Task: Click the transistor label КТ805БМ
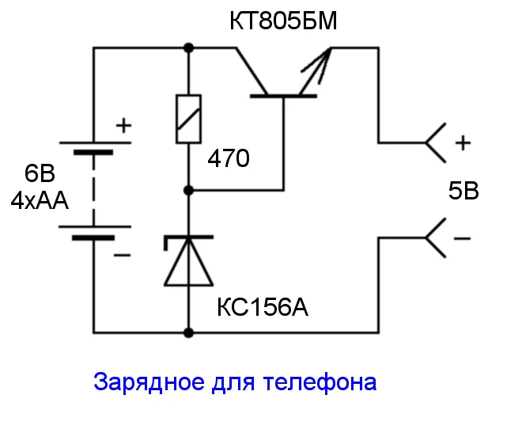click(x=282, y=21)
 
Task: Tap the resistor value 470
click(x=228, y=159)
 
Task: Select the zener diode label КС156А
click(x=262, y=306)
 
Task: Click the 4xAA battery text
click(x=40, y=201)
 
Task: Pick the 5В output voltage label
click(x=463, y=191)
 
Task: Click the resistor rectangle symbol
click(x=189, y=120)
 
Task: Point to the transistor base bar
click(x=283, y=97)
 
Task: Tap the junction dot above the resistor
click(x=189, y=48)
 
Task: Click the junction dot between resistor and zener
click(x=189, y=191)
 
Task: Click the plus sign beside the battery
click(x=123, y=125)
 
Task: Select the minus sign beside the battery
click(x=122, y=256)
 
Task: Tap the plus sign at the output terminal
click(x=463, y=143)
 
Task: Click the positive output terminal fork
click(x=436, y=143)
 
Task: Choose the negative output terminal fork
click(x=436, y=237)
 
